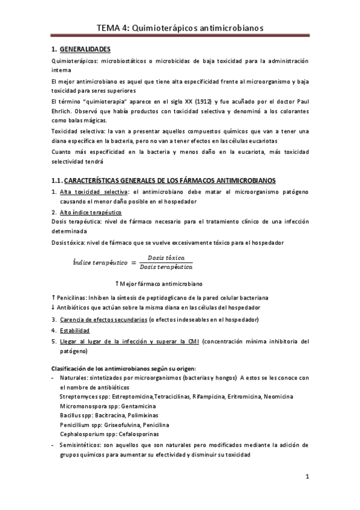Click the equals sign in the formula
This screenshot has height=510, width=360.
(x=133, y=262)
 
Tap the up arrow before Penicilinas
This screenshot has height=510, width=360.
(x=53, y=297)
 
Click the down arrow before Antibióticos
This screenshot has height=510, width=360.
(x=53, y=308)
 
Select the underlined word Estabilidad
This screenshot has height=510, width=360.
(x=75, y=331)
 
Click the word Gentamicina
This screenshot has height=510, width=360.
(x=139, y=406)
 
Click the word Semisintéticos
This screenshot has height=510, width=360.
(x=81, y=446)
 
